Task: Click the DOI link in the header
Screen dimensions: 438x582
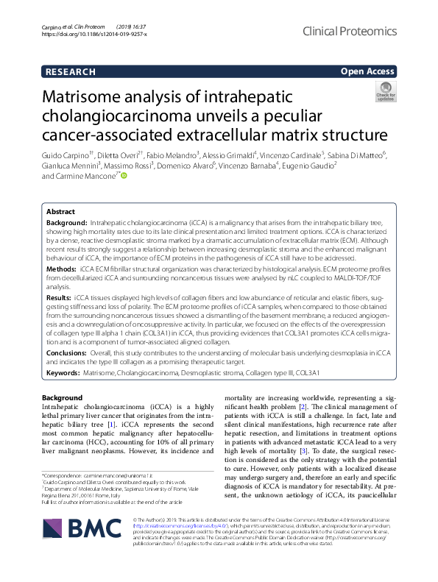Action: (94, 35)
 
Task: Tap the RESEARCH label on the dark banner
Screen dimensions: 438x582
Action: (70, 71)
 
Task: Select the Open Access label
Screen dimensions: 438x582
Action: (368, 71)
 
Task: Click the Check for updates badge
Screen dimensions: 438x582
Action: (385, 91)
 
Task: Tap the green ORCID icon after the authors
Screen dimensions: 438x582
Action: (124, 176)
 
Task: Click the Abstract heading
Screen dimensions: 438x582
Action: (60, 210)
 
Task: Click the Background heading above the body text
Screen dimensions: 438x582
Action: (63, 397)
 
